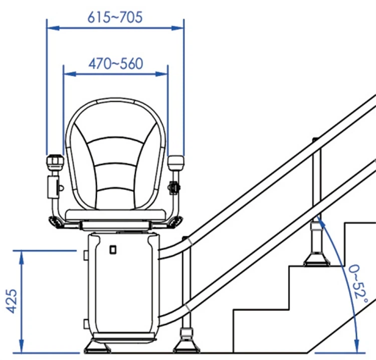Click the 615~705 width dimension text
coord(115,17)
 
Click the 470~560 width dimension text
coord(115,64)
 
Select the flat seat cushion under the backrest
coord(116,214)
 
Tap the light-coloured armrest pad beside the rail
coord(176,162)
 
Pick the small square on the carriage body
coord(113,249)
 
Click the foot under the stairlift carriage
coord(97,345)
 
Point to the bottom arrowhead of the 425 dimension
coord(22,348)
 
